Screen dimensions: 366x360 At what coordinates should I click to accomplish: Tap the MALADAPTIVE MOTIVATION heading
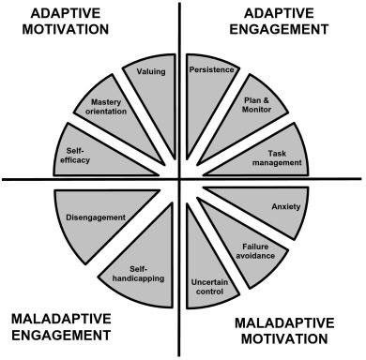tap(282, 330)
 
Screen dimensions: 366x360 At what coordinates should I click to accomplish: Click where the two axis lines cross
tap(182, 177)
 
